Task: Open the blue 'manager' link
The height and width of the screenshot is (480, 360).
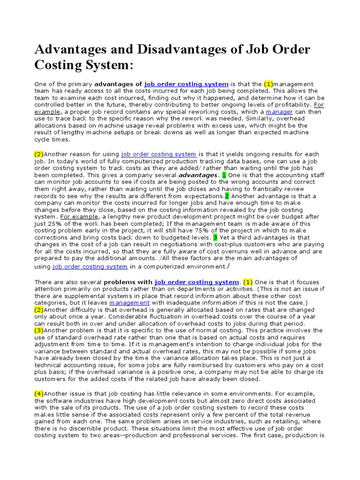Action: [279, 112]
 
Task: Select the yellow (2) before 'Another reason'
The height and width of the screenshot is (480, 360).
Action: [39, 154]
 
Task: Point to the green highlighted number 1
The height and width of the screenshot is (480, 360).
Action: [224, 175]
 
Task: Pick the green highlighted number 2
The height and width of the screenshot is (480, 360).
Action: [227, 196]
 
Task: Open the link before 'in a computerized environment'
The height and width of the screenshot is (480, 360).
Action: [90, 266]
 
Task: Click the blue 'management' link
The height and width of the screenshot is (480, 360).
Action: [129, 303]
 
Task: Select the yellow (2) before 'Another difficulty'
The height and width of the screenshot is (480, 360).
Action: [39, 310]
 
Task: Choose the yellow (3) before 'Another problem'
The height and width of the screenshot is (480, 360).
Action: [39, 330]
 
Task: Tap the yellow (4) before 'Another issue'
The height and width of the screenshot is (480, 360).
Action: [39, 393]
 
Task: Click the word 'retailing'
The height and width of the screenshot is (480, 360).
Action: [289, 421]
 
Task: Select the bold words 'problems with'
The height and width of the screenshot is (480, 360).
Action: [128, 282]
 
